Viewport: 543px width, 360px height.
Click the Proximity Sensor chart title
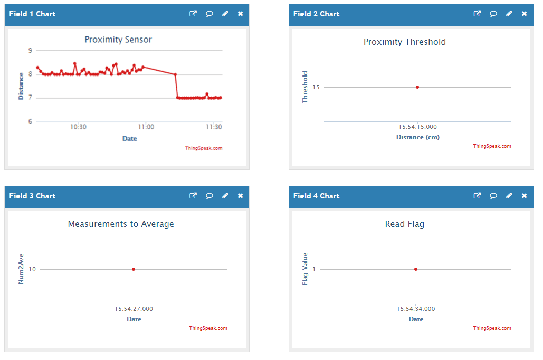click(x=118, y=40)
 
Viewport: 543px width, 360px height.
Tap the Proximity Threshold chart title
click(x=404, y=42)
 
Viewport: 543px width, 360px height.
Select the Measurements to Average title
click(x=121, y=224)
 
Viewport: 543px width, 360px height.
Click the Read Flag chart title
click(x=404, y=224)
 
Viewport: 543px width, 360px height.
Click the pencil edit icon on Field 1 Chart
click(x=225, y=14)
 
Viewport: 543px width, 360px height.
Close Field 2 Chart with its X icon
click(x=525, y=14)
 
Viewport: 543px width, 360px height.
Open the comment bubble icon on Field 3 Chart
click(x=209, y=196)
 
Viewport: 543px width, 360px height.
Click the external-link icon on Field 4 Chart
click(x=477, y=196)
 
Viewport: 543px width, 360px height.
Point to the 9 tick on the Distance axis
click(x=30, y=51)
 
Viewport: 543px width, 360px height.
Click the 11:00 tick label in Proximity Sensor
click(x=146, y=127)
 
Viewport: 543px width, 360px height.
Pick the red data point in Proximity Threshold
click(x=417, y=87)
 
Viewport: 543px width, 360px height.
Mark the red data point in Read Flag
click(x=416, y=269)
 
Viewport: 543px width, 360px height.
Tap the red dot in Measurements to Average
click(x=134, y=269)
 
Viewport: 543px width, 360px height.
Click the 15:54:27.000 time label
click(x=134, y=309)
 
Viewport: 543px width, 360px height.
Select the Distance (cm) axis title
click(x=417, y=137)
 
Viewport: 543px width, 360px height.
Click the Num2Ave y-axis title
click(x=21, y=269)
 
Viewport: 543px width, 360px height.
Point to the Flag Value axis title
click(x=305, y=269)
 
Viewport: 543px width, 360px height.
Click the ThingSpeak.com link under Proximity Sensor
click(x=204, y=148)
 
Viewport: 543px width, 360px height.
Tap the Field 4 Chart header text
click(x=316, y=196)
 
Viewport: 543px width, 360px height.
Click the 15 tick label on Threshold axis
click(x=316, y=87)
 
